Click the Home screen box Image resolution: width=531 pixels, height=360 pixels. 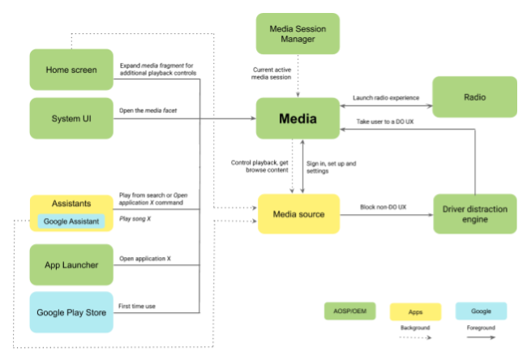[x=71, y=70]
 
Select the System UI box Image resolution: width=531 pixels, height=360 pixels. [x=71, y=118]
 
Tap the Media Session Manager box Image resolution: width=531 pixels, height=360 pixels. [x=298, y=34]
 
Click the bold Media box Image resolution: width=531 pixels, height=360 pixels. [x=298, y=119]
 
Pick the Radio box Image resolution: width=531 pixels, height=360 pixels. [x=474, y=97]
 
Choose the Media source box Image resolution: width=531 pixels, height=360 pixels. [x=298, y=215]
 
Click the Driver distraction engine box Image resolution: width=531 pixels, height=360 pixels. [x=474, y=215]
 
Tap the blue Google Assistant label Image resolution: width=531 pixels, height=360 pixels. [x=71, y=221]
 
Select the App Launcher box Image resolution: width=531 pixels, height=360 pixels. [x=71, y=265]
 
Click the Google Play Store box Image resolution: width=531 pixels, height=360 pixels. [x=71, y=313]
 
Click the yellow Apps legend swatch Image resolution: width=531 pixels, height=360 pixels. [x=416, y=312]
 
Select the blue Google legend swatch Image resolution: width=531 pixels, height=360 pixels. [x=481, y=311]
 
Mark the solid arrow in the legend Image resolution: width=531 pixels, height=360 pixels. [x=481, y=337]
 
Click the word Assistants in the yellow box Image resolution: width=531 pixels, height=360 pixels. [x=71, y=204]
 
